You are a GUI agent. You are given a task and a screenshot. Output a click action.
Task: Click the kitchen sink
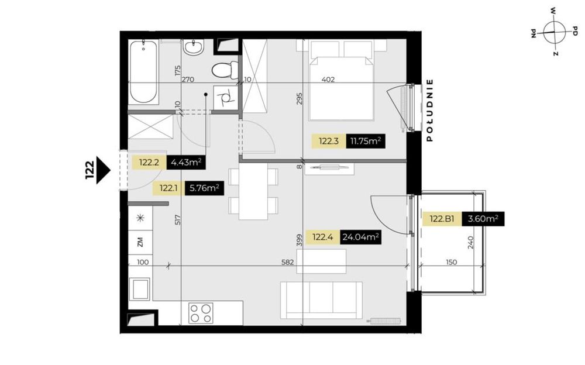(x=140, y=290)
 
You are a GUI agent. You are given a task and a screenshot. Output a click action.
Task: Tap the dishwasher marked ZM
(x=140, y=242)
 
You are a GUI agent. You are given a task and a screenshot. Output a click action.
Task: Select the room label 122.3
(x=329, y=141)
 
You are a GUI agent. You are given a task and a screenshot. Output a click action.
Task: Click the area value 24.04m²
(x=361, y=237)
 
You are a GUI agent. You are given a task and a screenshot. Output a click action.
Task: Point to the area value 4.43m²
(x=187, y=163)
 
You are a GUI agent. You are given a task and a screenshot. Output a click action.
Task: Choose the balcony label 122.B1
(x=442, y=219)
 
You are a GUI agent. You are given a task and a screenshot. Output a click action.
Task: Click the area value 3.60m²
(x=483, y=219)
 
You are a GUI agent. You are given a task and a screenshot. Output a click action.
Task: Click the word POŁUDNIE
(x=430, y=111)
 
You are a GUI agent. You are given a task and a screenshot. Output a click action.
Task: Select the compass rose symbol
(x=553, y=32)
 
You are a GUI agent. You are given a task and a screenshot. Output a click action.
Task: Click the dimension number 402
(x=328, y=80)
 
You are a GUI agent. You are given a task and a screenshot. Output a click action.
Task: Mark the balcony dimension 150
(x=450, y=263)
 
